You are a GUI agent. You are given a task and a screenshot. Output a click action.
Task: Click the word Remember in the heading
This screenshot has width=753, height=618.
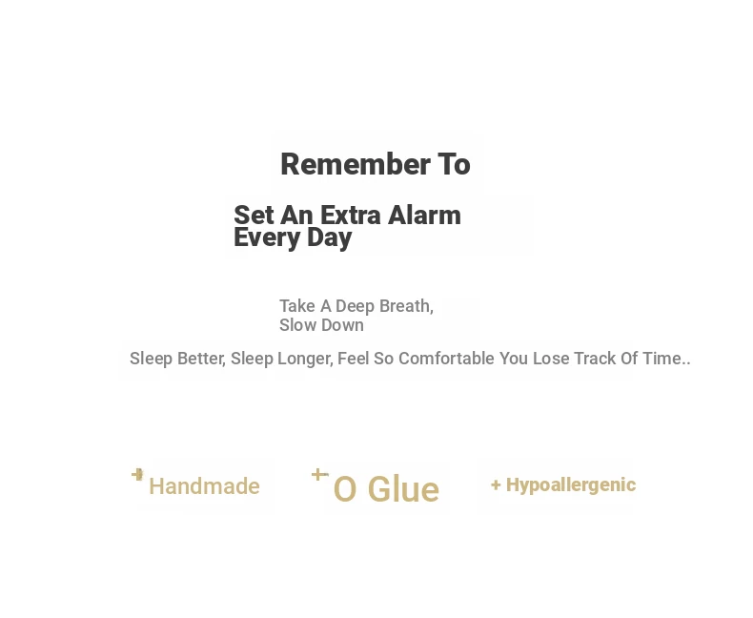coord(356,164)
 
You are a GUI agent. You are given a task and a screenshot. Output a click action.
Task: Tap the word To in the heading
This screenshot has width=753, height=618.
coord(454,164)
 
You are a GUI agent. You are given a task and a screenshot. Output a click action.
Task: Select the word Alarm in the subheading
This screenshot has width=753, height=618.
coord(424,215)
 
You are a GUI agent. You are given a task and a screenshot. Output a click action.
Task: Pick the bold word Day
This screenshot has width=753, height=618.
coord(330,237)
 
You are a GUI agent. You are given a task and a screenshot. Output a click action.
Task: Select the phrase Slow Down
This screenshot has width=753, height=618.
coord(322,325)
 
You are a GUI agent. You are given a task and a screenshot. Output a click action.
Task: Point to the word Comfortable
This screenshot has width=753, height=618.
coord(446,359)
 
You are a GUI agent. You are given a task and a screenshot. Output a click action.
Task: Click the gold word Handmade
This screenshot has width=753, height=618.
coord(205,486)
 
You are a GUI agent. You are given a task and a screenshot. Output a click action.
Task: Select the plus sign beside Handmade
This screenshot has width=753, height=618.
coord(138,475)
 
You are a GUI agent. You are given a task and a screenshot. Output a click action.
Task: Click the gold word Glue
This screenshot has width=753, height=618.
coord(403,489)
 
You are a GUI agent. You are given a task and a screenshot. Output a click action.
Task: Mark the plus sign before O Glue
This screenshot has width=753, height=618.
coord(319,475)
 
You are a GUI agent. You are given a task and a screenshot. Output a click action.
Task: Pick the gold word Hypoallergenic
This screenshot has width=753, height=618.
coord(571,485)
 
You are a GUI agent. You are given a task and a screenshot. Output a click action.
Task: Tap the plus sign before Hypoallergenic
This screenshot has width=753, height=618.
coord(496,485)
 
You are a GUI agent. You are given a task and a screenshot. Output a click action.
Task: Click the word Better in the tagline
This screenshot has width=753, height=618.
coord(201,359)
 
